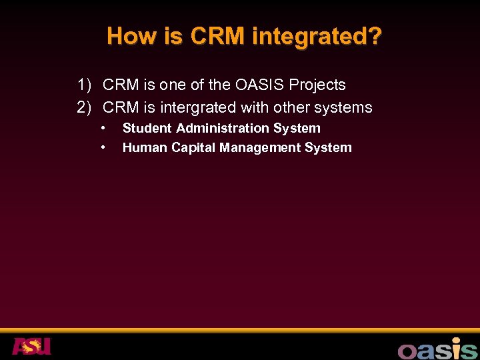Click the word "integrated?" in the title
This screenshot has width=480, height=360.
pos(317,37)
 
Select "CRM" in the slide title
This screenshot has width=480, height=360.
pos(218,36)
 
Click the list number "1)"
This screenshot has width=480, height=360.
pos(84,85)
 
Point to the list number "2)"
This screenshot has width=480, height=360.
pos(84,107)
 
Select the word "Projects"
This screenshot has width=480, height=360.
pos(317,85)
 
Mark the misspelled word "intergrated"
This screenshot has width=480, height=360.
pos(197,107)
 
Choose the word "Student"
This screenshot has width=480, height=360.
pos(147,128)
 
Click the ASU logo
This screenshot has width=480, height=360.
pos(31,346)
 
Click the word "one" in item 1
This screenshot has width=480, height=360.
pos(170,85)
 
